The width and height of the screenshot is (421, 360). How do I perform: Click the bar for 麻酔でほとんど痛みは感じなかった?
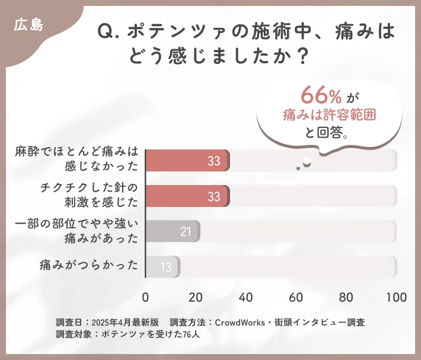tap(187, 161)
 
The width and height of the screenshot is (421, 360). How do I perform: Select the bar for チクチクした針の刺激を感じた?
tap(187, 196)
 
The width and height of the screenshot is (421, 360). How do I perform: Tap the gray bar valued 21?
tap(173, 231)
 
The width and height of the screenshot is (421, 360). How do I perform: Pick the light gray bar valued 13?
tap(162, 266)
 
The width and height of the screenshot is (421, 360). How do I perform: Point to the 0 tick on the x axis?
tap(146, 297)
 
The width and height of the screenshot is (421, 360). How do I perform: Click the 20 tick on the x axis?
tap(196, 297)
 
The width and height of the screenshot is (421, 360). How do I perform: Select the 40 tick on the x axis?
tap(245, 297)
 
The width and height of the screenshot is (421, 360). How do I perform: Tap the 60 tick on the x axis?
tap(296, 297)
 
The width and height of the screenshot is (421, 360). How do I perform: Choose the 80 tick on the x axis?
tap(346, 297)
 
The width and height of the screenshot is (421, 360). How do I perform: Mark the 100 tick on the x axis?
tap(396, 297)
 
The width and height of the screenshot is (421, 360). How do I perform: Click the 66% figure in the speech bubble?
tap(321, 95)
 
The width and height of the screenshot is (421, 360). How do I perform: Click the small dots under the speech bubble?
tap(304, 164)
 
